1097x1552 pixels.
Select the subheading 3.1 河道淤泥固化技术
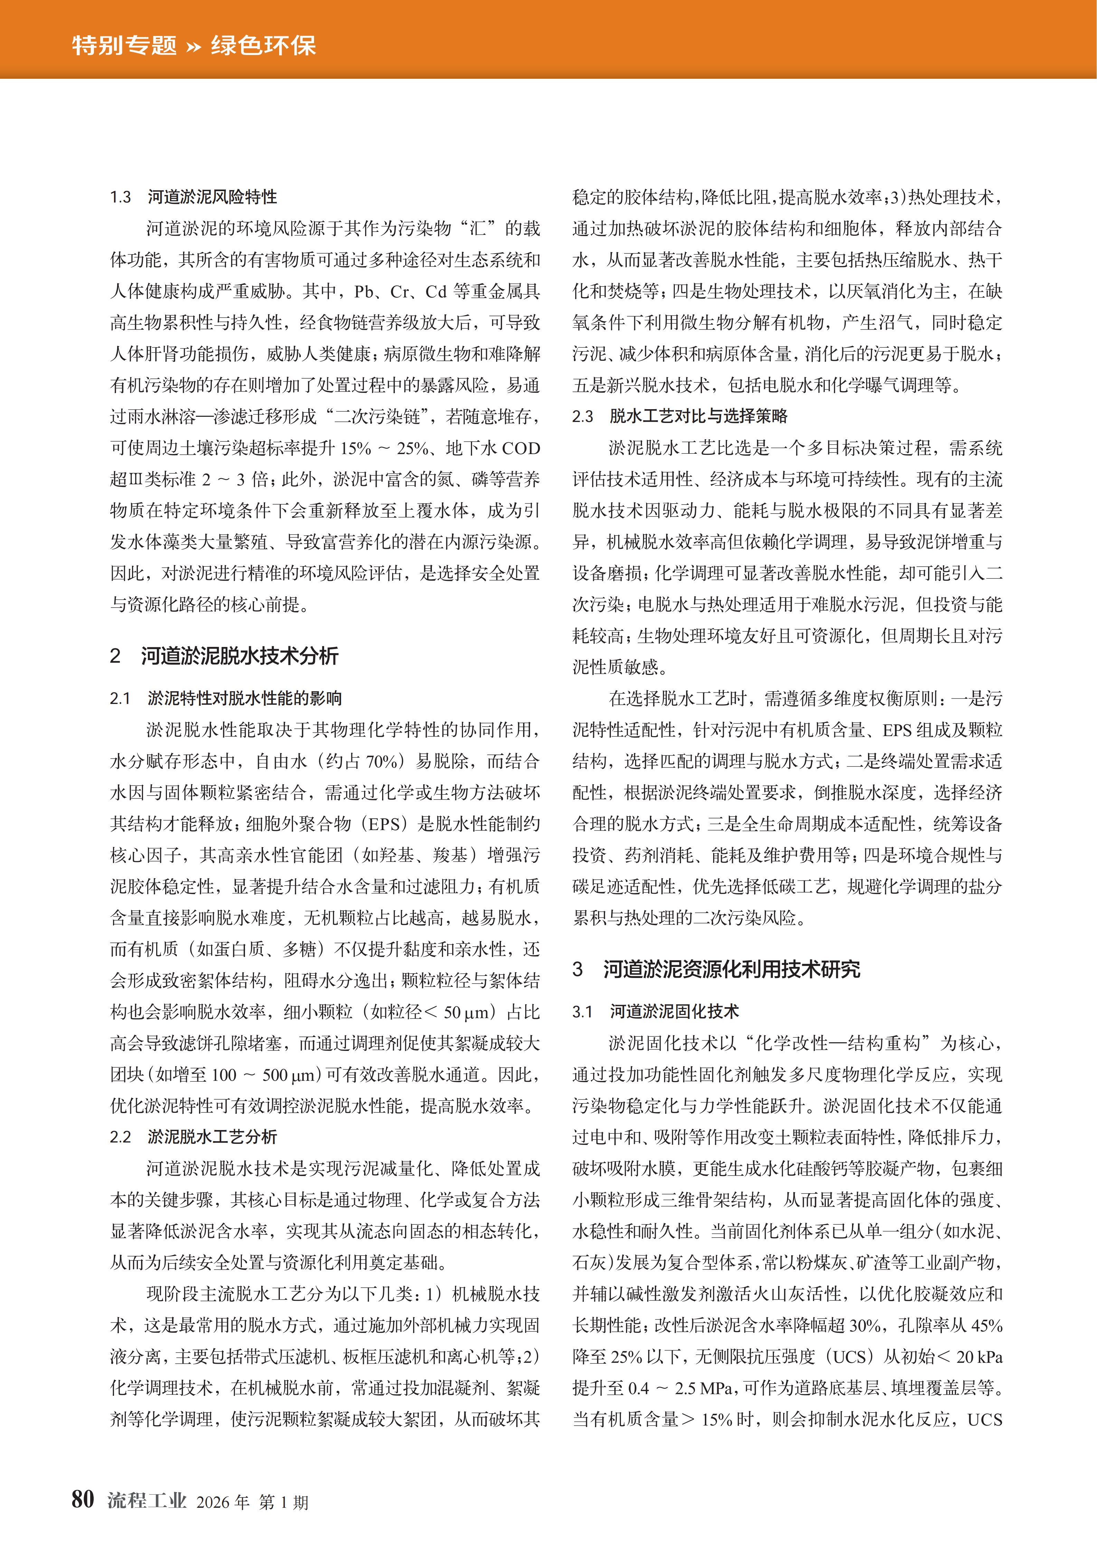656,1011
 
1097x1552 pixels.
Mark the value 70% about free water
380,761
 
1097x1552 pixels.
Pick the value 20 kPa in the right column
980,1357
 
